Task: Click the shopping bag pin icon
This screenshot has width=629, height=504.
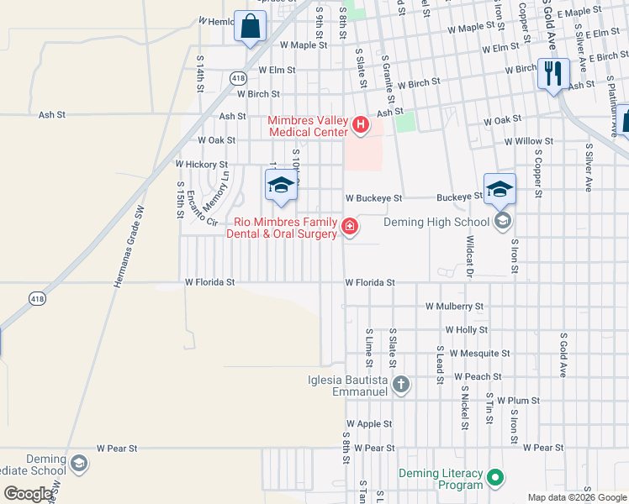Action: click(x=251, y=26)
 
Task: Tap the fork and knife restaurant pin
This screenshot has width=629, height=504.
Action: click(x=553, y=73)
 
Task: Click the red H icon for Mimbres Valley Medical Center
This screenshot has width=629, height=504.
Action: click(x=361, y=126)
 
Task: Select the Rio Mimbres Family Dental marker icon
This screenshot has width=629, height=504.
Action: click(x=349, y=226)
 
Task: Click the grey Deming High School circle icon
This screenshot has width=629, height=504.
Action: click(x=503, y=222)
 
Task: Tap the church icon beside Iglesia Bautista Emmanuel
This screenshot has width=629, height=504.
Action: click(x=401, y=385)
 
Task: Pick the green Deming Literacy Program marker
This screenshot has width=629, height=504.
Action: click(x=495, y=478)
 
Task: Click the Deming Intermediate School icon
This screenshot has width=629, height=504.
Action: click(x=78, y=464)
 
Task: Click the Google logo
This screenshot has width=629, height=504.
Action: click(x=29, y=494)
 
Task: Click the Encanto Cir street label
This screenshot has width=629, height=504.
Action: click(x=201, y=207)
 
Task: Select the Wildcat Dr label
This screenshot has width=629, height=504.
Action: click(x=471, y=258)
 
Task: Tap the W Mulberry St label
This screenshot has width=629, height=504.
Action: click(x=455, y=307)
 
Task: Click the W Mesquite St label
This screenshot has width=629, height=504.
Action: click(x=479, y=354)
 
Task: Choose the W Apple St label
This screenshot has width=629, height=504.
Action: click(x=369, y=425)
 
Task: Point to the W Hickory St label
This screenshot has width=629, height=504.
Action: click(x=201, y=165)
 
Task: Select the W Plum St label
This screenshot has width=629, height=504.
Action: click(x=517, y=402)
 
